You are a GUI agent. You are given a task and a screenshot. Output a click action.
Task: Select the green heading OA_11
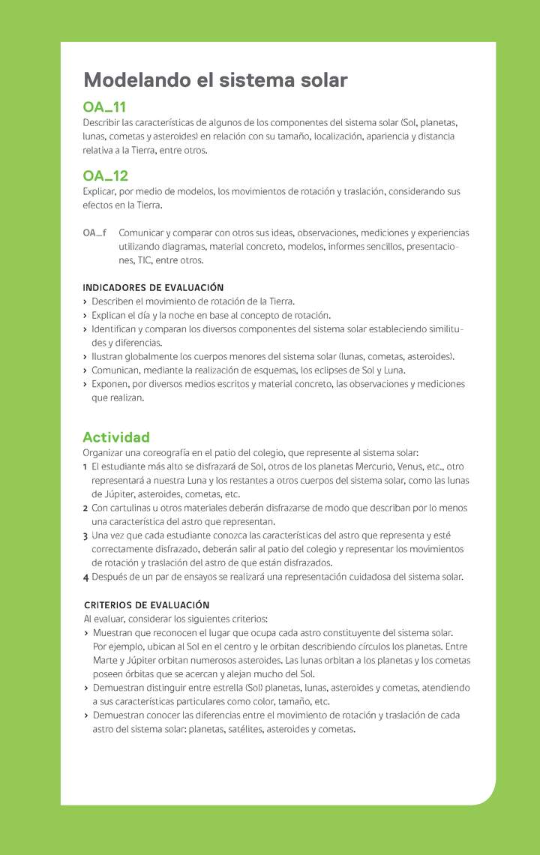point(105,107)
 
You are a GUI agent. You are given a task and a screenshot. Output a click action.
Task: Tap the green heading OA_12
point(106,175)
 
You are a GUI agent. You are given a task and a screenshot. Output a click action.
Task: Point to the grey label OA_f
point(94,232)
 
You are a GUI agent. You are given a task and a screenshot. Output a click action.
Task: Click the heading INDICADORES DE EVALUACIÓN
point(153,287)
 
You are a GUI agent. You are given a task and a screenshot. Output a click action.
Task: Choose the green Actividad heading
point(116,436)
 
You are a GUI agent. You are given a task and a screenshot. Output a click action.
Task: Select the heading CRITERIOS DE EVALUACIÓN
point(147,604)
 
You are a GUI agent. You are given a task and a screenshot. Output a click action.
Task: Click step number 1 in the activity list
point(85,466)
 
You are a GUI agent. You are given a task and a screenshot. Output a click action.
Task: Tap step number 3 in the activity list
point(85,535)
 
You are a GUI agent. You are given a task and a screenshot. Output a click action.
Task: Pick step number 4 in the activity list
point(85,577)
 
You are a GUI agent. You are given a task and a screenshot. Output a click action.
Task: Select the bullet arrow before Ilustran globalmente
point(85,356)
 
